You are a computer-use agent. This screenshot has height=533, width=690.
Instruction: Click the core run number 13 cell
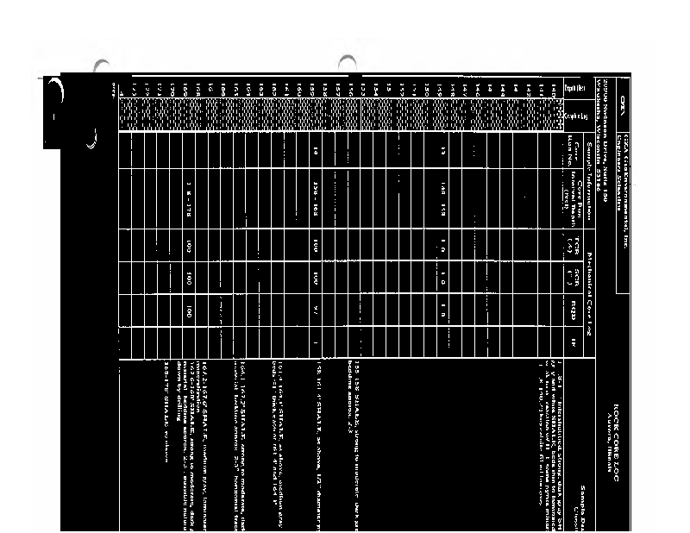click(x=440, y=150)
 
